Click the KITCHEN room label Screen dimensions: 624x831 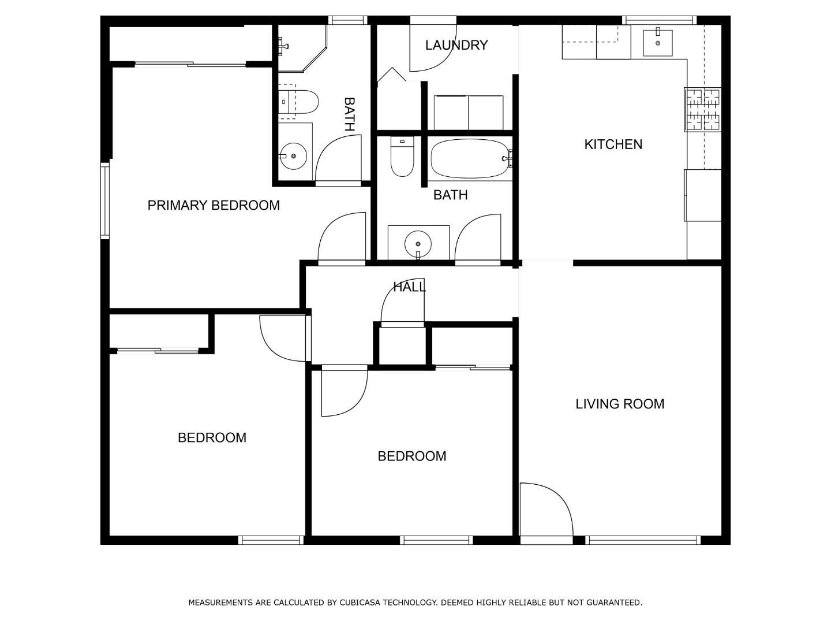[x=613, y=144]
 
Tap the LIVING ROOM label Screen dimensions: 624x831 [x=619, y=404]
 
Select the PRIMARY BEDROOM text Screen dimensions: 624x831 [x=214, y=205]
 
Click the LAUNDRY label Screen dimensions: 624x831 [x=456, y=45]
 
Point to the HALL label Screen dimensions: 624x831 [x=409, y=287]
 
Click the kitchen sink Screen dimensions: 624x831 [x=657, y=42]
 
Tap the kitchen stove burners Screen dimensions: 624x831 [x=702, y=109]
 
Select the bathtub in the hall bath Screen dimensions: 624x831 [x=470, y=159]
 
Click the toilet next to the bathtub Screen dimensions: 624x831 [x=402, y=157]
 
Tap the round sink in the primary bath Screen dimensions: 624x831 [x=294, y=156]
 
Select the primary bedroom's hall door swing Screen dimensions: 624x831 [x=342, y=238]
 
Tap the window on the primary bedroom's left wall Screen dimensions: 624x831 [x=105, y=200]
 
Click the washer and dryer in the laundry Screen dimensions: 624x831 [x=468, y=113]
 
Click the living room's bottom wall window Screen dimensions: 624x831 [x=643, y=540]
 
